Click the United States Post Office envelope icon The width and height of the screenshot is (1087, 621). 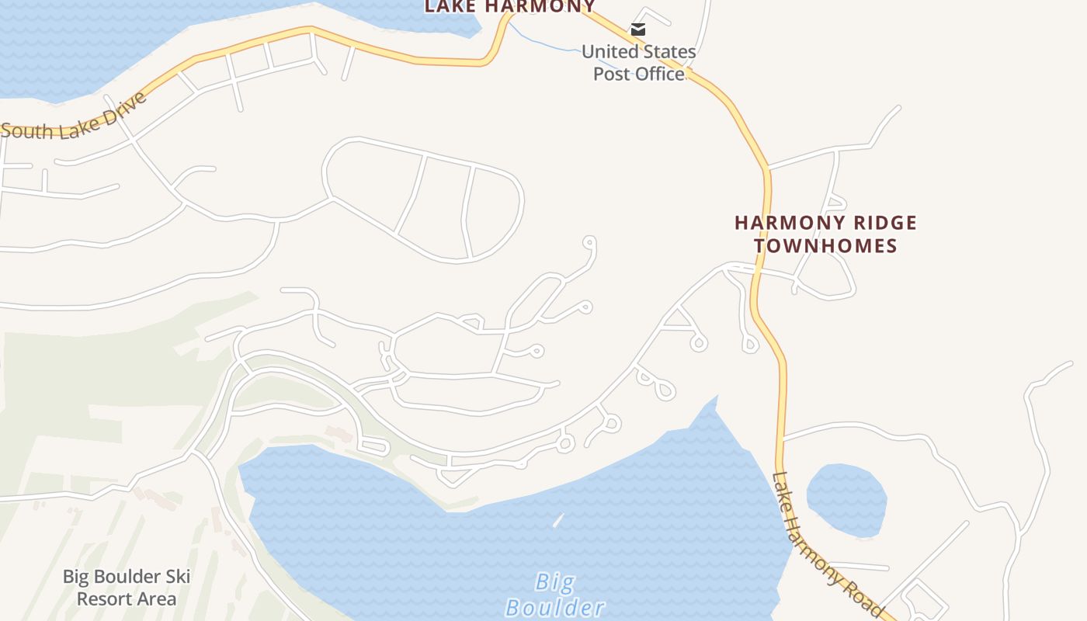(x=637, y=29)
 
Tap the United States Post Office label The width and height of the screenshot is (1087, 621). (x=638, y=62)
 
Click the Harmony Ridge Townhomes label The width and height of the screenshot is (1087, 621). (x=825, y=234)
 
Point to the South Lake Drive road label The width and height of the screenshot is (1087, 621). (x=74, y=119)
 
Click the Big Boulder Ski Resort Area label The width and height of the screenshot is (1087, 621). (x=127, y=588)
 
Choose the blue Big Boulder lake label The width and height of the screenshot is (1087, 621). (x=555, y=594)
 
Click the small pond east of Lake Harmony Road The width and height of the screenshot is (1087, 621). (x=846, y=500)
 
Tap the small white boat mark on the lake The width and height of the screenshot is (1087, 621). (x=557, y=520)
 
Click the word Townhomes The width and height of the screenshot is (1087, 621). (x=825, y=246)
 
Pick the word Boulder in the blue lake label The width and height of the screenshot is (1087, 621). (x=555, y=607)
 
